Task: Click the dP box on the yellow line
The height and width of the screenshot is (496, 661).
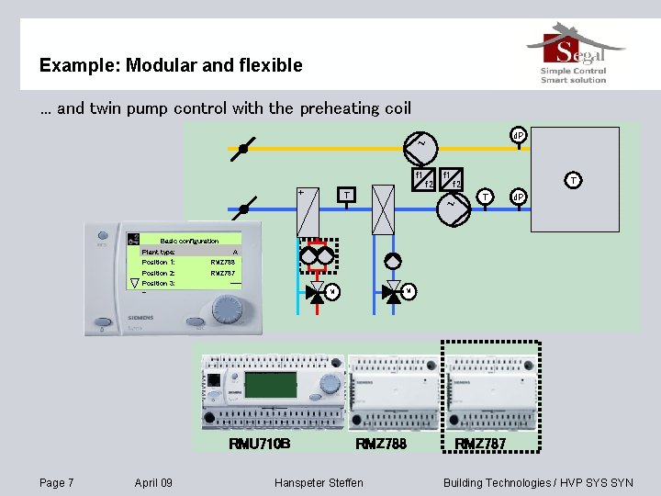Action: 518,135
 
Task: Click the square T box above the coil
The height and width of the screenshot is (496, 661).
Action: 346,195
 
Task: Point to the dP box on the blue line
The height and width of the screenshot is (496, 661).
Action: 518,197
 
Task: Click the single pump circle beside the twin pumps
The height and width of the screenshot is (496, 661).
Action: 393,261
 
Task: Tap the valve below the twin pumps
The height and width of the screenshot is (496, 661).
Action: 318,293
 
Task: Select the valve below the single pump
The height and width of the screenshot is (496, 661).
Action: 394,293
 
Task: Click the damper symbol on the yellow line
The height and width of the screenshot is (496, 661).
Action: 243,147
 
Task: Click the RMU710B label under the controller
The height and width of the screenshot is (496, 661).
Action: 259,445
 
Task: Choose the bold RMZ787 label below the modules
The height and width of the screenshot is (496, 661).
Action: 479,445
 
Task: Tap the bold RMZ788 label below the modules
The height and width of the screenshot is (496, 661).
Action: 381,445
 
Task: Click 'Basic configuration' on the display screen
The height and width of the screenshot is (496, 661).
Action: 189,241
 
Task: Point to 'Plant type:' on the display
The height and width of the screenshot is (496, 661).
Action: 158,252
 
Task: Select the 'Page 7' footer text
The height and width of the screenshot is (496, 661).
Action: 57,483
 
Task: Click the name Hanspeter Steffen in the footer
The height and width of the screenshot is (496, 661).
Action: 319,483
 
